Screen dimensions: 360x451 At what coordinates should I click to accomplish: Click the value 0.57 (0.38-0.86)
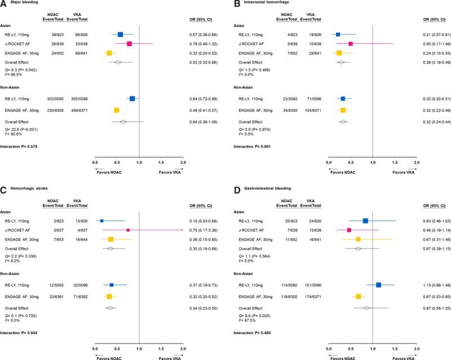click(x=207, y=34)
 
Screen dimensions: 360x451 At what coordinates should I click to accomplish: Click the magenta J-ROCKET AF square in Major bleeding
click(x=129, y=43)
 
